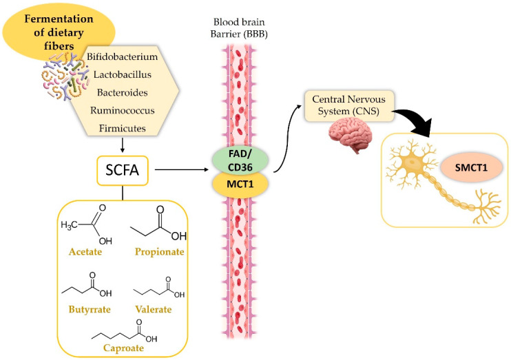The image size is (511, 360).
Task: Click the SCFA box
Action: (x=123, y=171)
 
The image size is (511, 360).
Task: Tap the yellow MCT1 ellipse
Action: (x=240, y=184)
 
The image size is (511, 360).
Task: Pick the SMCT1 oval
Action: (x=471, y=168)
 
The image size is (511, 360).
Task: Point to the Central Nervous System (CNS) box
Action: (x=349, y=105)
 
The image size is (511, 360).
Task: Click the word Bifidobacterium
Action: (x=122, y=56)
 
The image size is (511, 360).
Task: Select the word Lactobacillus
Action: (x=122, y=74)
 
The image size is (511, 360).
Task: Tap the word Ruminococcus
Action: (x=122, y=110)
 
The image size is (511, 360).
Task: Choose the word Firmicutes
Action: (x=122, y=128)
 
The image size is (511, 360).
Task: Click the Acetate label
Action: (x=85, y=252)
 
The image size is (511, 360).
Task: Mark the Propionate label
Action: (x=159, y=252)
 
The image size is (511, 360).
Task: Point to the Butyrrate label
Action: (x=90, y=310)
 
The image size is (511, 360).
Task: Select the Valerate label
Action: (x=153, y=309)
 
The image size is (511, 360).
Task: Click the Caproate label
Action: (x=123, y=348)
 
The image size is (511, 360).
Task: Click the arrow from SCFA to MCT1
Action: (x=182, y=170)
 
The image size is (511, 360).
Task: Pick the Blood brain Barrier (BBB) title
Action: (x=239, y=28)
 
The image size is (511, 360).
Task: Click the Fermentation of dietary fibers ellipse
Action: (x=59, y=32)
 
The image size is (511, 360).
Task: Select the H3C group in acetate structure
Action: (x=69, y=225)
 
